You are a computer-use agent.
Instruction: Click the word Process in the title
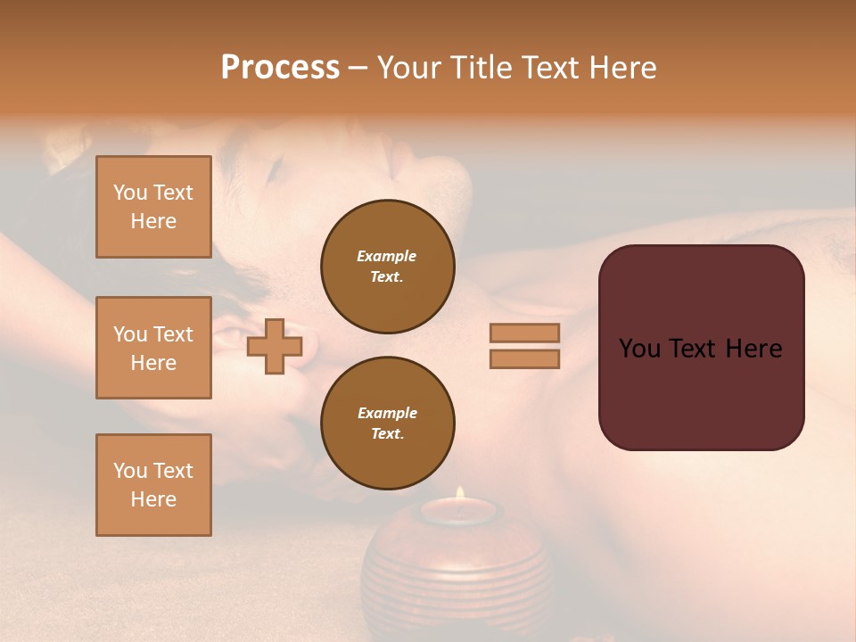(280, 68)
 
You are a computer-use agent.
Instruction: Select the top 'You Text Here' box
(153, 207)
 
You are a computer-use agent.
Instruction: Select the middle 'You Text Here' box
(153, 348)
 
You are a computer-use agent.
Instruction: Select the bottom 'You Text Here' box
(153, 484)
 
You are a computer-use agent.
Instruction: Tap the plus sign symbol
(275, 347)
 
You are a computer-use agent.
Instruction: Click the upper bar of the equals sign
(525, 333)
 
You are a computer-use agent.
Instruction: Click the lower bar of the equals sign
(525, 359)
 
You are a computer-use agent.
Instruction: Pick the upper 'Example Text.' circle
(387, 267)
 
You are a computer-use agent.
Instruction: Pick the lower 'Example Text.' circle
(387, 424)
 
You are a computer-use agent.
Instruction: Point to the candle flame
(460, 493)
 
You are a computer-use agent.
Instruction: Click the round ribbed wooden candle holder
(457, 571)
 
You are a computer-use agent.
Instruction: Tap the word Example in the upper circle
(387, 256)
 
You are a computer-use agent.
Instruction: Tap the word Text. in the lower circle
(387, 434)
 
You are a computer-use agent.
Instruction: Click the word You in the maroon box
(639, 349)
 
